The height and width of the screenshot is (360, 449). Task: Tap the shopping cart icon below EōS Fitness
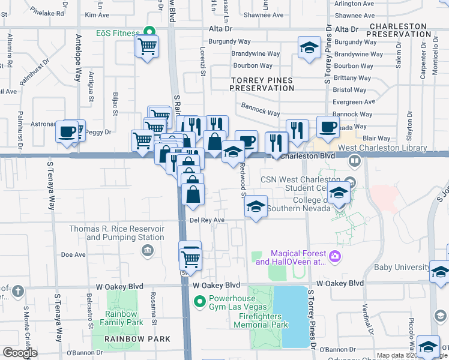[x=147, y=46]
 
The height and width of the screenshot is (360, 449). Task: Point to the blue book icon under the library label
[x=355, y=161]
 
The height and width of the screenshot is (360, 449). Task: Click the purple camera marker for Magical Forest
[x=334, y=257]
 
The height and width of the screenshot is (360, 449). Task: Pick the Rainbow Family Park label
[x=124, y=318]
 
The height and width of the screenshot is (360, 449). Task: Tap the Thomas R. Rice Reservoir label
[x=116, y=233]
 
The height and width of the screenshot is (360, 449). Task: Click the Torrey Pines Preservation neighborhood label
[x=262, y=84]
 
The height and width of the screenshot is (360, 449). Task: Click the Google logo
[x=20, y=352]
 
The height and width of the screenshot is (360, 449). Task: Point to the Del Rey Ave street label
[x=207, y=220]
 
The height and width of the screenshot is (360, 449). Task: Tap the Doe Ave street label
[x=73, y=255]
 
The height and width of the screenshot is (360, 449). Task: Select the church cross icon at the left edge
[x=18, y=292]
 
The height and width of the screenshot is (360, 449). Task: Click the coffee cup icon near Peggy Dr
[x=67, y=131]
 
